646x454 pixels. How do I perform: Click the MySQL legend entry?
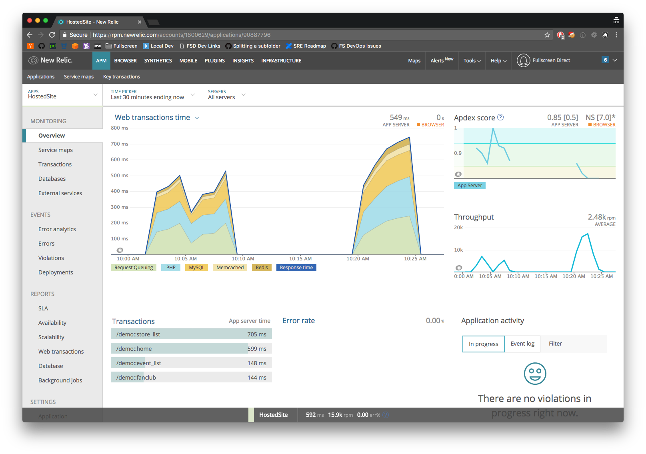(196, 268)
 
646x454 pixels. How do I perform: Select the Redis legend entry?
(262, 268)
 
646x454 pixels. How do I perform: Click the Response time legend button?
(296, 268)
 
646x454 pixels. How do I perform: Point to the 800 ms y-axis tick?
(119, 128)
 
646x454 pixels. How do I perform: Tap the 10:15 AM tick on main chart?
(300, 259)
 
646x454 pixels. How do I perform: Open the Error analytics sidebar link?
(57, 229)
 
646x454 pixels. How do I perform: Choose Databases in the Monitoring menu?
(52, 179)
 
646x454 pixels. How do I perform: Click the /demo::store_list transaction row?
(191, 334)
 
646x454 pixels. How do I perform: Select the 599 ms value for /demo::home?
(257, 349)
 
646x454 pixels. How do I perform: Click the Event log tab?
(522, 344)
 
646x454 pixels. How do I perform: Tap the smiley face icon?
(535, 374)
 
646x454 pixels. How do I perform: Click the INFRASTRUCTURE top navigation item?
(281, 61)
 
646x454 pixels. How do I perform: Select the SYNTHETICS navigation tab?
(158, 61)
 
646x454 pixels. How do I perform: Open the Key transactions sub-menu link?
(122, 77)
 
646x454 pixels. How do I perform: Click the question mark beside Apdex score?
(500, 117)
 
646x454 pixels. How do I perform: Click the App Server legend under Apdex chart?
(470, 186)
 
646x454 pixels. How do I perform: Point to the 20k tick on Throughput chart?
(458, 228)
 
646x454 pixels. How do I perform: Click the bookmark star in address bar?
(547, 35)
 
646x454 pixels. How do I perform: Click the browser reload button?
(52, 35)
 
